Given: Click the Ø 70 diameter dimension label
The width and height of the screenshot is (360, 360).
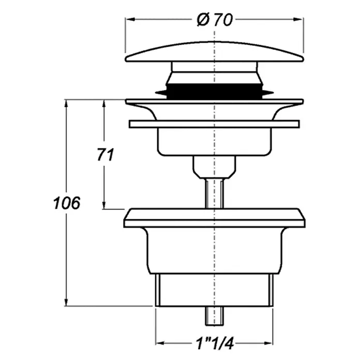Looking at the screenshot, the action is click(215, 20).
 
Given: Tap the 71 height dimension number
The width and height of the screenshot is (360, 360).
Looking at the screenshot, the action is click(106, 155).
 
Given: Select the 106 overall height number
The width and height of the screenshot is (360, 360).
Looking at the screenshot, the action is click(67, 203).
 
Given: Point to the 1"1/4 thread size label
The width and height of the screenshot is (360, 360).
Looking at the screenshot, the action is click(215, 343).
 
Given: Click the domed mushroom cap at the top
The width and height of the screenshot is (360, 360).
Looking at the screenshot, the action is click(215, 52).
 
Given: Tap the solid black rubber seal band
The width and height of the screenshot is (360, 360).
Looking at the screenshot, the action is click(214, 92).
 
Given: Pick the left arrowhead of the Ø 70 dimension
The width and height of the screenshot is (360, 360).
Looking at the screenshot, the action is click(130, 20).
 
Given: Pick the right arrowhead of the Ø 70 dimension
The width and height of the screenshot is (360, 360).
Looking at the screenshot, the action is click(298, 20).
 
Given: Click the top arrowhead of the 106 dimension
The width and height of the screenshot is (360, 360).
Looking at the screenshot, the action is click(66, 104).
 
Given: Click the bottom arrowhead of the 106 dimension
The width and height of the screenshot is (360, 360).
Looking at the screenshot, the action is click(66, 302).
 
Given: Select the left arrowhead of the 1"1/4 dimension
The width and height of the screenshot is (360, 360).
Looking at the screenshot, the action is click(160, 343).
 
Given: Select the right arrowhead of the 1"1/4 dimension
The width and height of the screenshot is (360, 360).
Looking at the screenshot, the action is click(268, 343).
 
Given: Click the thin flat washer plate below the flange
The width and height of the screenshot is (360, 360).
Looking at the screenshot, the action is click(214, 124).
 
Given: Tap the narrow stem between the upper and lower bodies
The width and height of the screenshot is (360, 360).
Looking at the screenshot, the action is click(215, 193).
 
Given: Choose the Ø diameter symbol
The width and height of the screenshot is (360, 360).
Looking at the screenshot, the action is click(203, 20).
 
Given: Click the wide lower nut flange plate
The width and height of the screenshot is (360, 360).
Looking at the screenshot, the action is click(215, 218).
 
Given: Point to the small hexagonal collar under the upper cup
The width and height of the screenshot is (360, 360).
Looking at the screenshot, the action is click(215, 167).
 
